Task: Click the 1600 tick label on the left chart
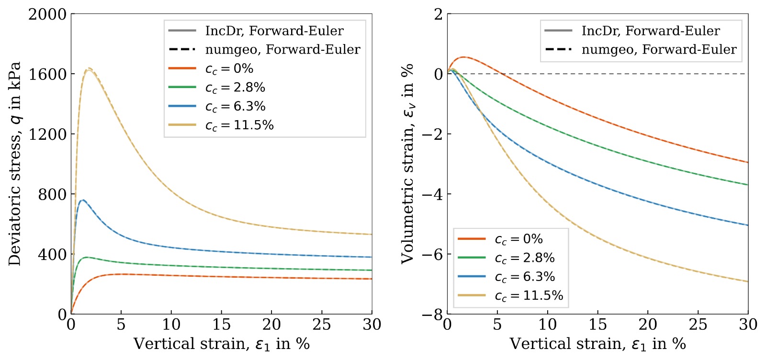47,74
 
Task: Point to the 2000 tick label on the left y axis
47,14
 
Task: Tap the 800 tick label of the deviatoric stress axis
52,194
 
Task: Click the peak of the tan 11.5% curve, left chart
89,69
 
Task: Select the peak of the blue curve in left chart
83,200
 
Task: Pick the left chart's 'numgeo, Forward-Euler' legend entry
264,50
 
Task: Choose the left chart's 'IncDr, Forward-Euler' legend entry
256,31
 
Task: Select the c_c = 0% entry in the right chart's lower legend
500,238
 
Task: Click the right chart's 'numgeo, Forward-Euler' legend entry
640,50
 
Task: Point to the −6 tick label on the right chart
432,254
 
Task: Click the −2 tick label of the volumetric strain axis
432,134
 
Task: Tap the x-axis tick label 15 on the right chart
598,324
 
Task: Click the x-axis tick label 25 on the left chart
322,324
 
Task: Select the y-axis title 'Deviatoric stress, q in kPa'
15,164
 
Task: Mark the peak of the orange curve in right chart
464,57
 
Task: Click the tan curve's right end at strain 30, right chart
748,281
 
